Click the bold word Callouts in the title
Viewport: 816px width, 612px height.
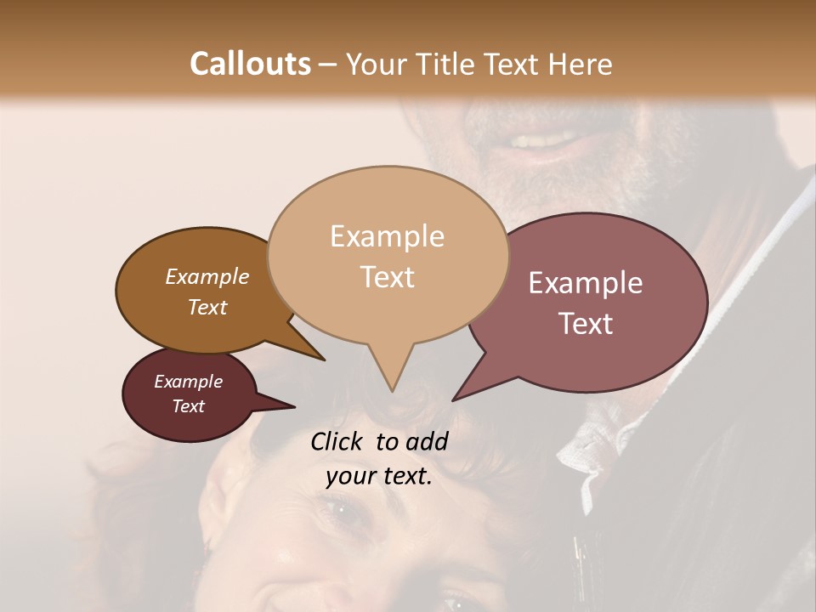[250, 64]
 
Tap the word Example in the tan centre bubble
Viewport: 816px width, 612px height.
[387, 236]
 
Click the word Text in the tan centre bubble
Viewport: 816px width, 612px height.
[387, 277]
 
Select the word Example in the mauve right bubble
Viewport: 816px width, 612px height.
[586, 283]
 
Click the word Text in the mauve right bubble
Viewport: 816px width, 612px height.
[586, 324]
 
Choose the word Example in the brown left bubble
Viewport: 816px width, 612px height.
[207, 276]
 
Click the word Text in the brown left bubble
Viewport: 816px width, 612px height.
[207, 307]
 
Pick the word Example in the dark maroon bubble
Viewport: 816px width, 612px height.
[188, 382]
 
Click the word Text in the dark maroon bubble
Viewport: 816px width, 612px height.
[188, 406]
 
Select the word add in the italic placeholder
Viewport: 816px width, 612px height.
[427, 441]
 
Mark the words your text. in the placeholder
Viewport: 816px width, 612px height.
[379, 476]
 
